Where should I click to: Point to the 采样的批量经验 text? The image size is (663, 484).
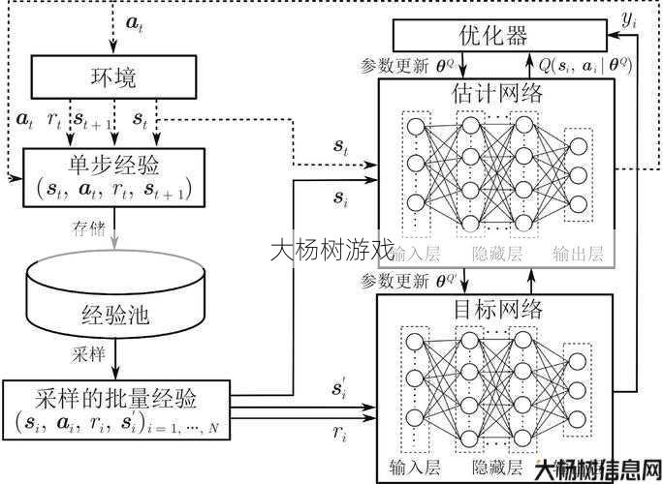116,396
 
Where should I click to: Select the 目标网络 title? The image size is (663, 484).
496,311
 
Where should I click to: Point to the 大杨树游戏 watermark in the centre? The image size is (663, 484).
331,251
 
